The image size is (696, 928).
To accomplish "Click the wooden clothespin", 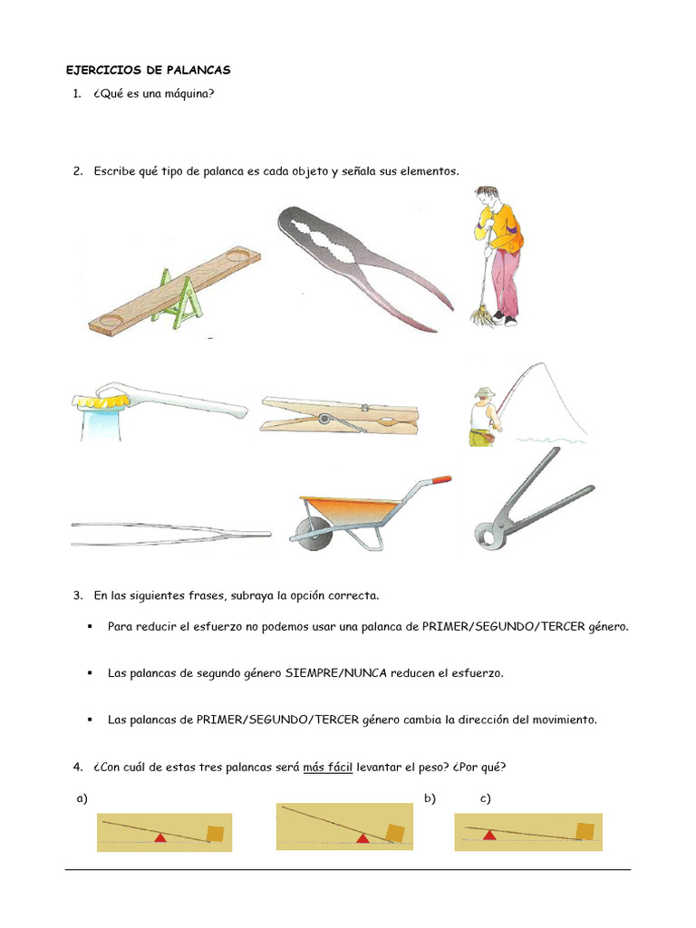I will [x=340, y=414].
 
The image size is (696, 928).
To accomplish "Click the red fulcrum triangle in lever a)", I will [x=160, y=838].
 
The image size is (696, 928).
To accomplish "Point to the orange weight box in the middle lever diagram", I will [x=394, y=832].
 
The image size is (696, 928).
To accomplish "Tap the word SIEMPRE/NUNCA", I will [x=332, y=673].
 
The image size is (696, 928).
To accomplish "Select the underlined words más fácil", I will [x=328, y=768].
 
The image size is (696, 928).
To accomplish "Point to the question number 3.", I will [x=77, y=596].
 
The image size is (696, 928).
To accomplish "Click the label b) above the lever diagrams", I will [x=430, y=798].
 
